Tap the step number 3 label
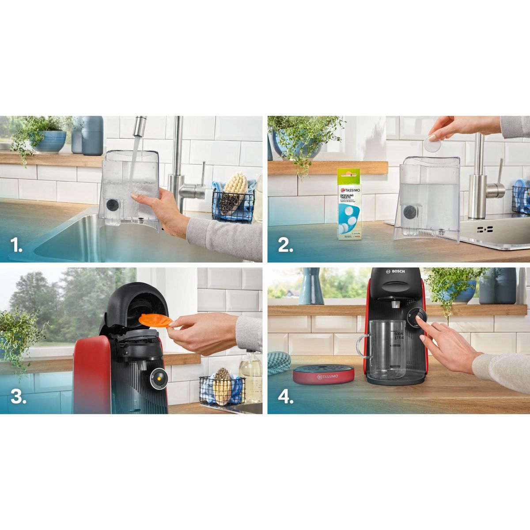18,396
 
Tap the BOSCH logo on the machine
395,272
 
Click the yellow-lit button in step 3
158,379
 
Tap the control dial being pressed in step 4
416,318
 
